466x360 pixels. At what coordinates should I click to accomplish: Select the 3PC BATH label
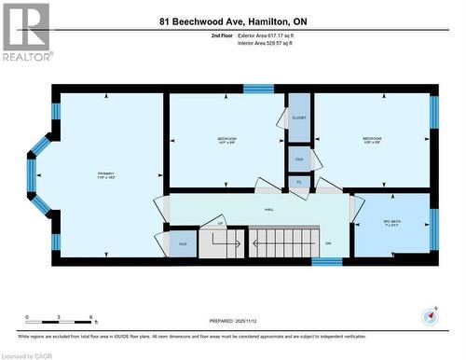pos(391,223)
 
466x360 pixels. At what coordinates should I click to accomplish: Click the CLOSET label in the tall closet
pos(299,118)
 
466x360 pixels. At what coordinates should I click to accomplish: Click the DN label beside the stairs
pos(328,243)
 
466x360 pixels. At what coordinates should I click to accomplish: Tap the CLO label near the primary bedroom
pos(183,244)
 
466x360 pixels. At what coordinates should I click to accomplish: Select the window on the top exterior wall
pos(257,89)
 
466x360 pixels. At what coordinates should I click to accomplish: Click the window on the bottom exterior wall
pos(326,262)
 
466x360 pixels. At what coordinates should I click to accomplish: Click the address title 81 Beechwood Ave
pos(232,21)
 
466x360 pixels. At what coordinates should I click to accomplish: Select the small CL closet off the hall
pos(299,182)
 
